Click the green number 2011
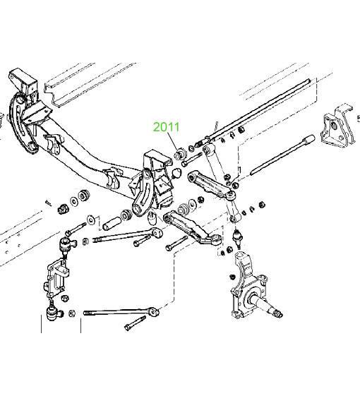coord(166,127)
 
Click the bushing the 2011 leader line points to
coord(180,154)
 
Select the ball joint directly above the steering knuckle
coord(237,236)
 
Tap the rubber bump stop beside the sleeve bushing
coord(152,219)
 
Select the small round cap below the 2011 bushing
coord(176,173)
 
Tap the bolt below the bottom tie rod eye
coord(135,323)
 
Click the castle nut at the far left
coord(62,208)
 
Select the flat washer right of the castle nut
coord(74,202)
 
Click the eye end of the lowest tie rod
coord(154,312)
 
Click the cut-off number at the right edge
coord(359,118)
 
